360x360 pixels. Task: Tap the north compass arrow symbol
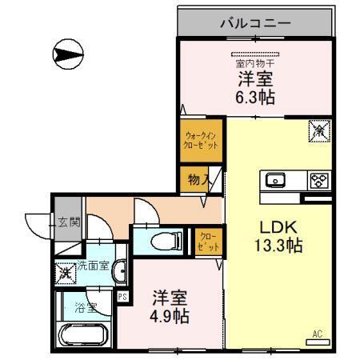pyautogui.click(x=67, y=54)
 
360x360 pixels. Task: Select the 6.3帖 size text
pyautogui.click(x=254, y=95)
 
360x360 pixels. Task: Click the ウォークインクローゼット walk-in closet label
pyautogui.click(x=200, y=141)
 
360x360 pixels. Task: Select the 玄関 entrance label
pyautogui.click(x=69, y=222)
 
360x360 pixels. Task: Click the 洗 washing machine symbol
pyautogui.click(x=64, y=272)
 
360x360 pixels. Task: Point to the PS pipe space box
pyautogui.click(x=122, y=297)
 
